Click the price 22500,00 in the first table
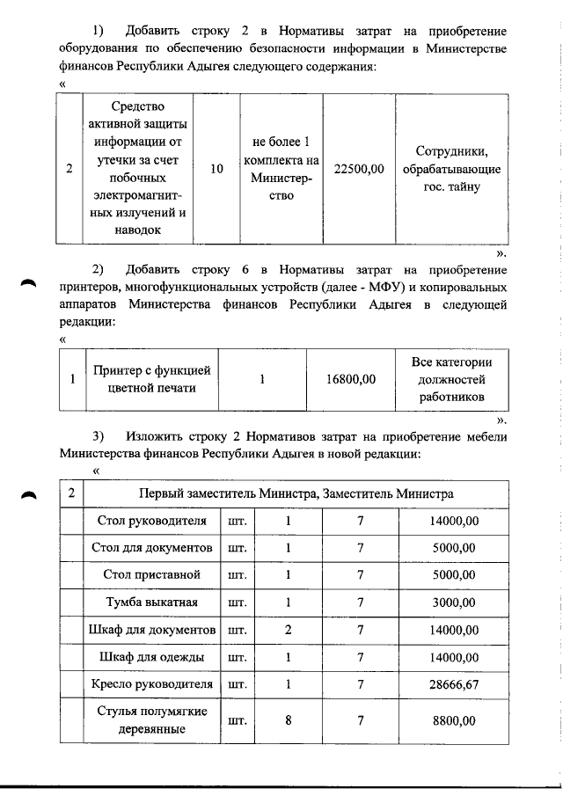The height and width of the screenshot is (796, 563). pos(360,169)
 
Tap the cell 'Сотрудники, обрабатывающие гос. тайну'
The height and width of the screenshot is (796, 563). pos(451,169)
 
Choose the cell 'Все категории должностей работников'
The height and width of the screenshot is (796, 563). pos(451,379)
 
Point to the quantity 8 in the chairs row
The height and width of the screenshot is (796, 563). pos(288,720)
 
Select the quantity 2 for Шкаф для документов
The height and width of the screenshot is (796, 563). pos(288,630)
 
